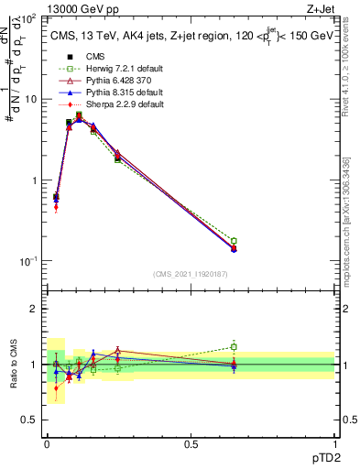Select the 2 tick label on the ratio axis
(35, 309)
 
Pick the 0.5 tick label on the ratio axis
(31, 420)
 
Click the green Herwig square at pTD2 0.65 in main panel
(234, 241)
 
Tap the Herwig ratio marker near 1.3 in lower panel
(234, 347)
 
